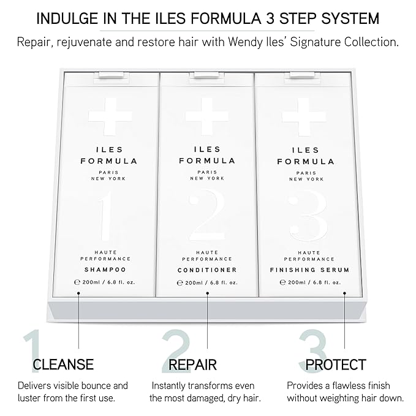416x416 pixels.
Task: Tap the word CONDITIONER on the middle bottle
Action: [206, 270]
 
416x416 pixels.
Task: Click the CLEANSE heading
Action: [63, 365]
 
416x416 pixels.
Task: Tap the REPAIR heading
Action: [192, 365]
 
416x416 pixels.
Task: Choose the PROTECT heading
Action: [336, 365]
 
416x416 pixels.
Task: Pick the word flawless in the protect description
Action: [347, 385]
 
